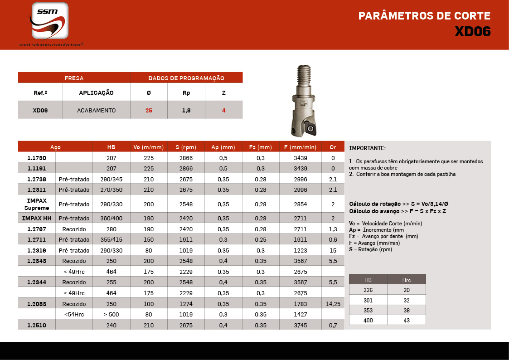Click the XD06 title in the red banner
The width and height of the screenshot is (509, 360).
(x=472, y=31)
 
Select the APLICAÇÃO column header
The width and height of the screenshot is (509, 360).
(x=96, y=93)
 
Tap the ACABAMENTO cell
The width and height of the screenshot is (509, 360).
(x=96, y=110)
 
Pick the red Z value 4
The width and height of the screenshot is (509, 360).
(x=223, y=110)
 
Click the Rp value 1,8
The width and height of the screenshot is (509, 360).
(x=186, y=110)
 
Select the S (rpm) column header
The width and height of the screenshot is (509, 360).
(x=186, y=147)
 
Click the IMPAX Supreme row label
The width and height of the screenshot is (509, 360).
(x=36, y=204)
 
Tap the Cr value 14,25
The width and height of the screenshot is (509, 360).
(x=333, y=304)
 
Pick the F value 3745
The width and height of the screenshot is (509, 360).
(x=300, y=325)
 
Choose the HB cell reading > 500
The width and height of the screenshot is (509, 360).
(x=111, y=314)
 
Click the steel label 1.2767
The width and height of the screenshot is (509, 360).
(x=36, y=229)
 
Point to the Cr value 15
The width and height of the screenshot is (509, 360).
(x=333, y=250)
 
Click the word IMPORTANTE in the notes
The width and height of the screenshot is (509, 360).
(x=367, y=148)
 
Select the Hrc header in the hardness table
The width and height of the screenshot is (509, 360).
(x=406, y=280)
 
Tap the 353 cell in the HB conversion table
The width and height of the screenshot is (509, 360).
(x=368, y=310)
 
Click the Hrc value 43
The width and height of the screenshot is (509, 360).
(x=406, y=321)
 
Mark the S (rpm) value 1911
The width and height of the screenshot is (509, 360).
(x=186, y=240)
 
